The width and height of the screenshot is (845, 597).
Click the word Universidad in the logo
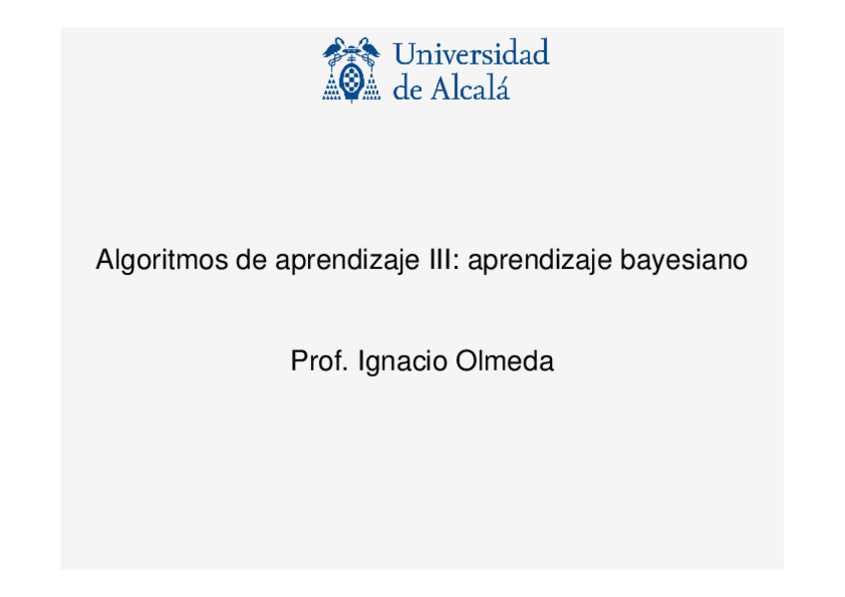471,54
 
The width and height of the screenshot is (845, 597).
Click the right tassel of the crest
372,87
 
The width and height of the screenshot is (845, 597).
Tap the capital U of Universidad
405,54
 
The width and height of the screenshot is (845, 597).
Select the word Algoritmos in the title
161,261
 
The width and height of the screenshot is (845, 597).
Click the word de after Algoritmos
251,261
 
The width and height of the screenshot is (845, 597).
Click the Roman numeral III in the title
439,261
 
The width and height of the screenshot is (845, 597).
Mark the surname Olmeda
504,362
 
